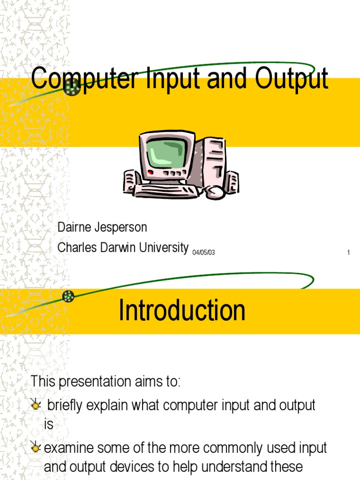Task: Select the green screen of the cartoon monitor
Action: coord(166,155)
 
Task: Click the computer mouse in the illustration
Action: coord(215,192)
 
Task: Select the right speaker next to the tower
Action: coord(231,181)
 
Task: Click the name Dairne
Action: coord(75,228)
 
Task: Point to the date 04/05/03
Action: coord(203,253)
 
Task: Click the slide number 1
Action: coord(349,253)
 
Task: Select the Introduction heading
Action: coord(182,310)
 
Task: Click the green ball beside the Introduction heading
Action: coord(68,296)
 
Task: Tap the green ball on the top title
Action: coord(72,87)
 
